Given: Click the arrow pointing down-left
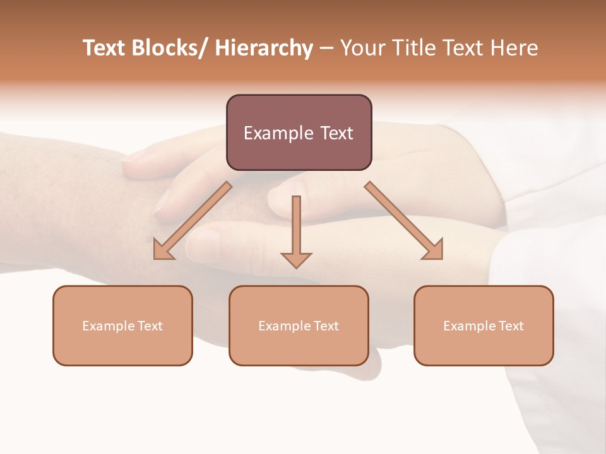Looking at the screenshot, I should point(193,221).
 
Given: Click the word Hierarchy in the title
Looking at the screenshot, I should point(264,49).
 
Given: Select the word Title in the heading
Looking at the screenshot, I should point(412,49).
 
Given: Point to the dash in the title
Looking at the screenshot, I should point(326,49).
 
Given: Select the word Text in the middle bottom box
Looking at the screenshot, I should point(326,326).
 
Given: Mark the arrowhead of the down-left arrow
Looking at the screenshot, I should point(163,251).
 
